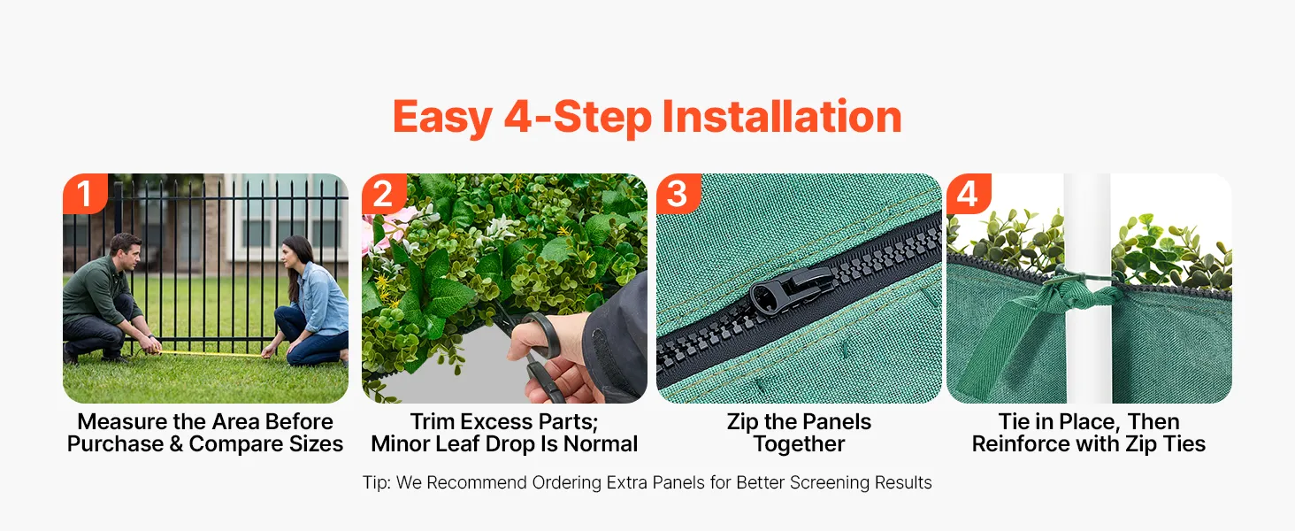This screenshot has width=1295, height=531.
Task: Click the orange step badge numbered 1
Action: (x=85, y=193)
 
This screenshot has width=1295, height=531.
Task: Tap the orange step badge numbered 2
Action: (x=384, y=193)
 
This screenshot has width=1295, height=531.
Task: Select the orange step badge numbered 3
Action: (x=678, y=193)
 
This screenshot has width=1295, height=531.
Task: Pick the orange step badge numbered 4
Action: (x=969, y=193)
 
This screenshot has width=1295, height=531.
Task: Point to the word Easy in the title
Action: (x=443, y=118)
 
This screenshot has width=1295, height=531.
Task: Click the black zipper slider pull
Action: (x=791, y=289)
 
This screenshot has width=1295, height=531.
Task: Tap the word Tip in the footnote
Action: (x=376, y=483)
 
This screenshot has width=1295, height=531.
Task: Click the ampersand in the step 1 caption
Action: (x=176, y=444)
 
